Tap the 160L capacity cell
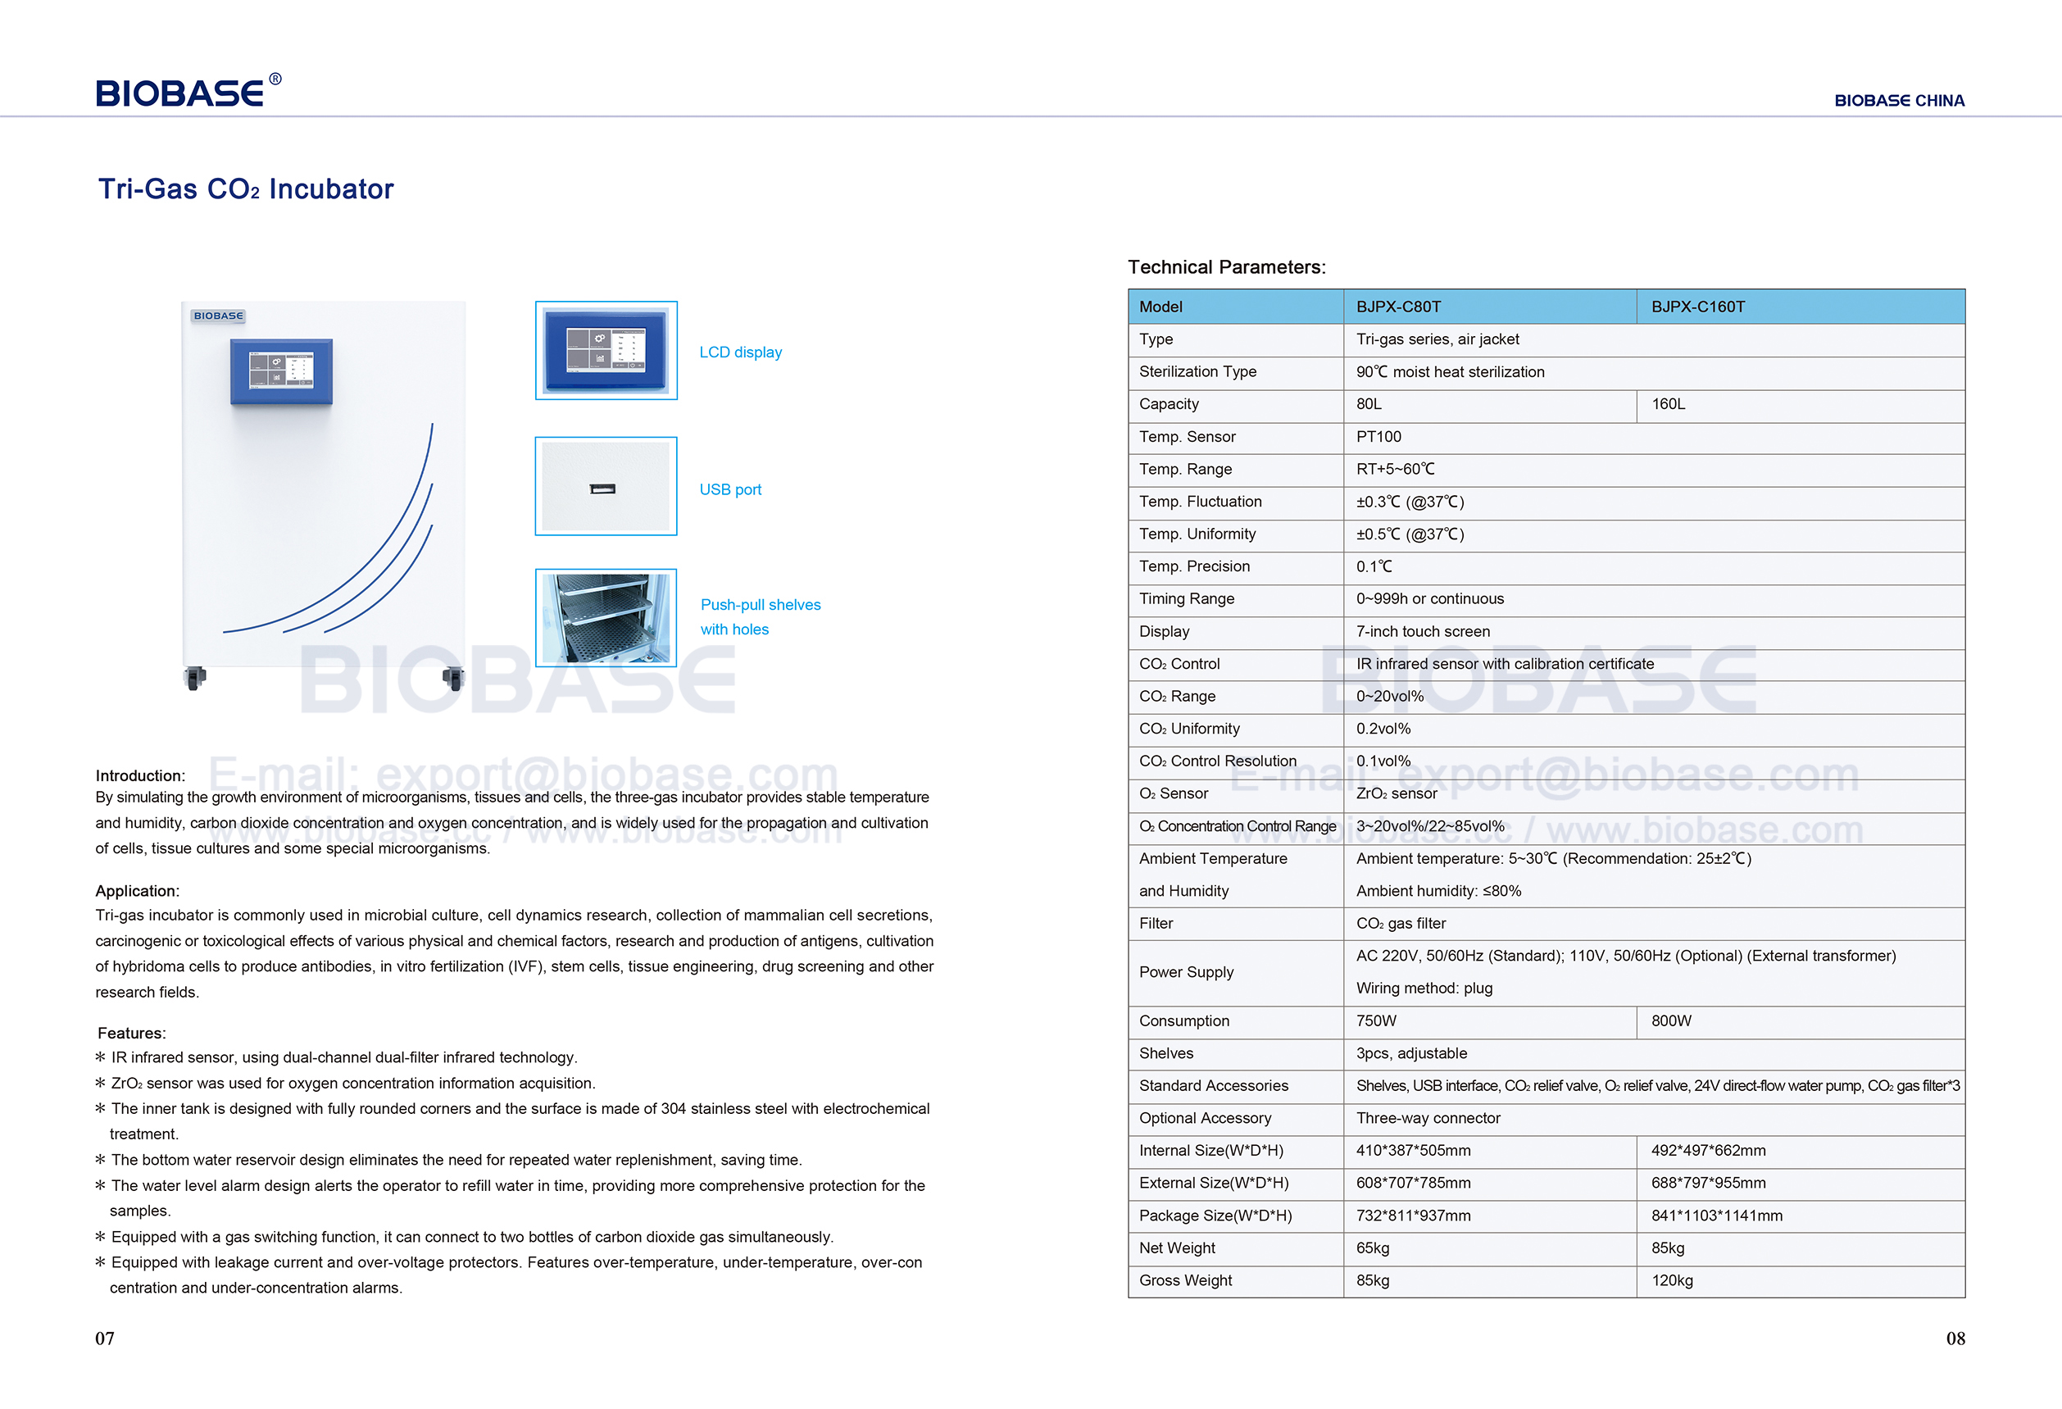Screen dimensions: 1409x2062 tap(1667, 405)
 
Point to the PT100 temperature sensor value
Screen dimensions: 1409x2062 tap(1378, 437)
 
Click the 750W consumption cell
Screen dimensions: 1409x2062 tap(1375, 1021)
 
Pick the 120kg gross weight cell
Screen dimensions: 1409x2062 tap(1671, 1281)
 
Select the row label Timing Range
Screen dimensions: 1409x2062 tap(1186, 599)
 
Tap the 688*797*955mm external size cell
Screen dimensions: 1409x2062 tap(1707, 1184)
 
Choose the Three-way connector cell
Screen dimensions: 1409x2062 tap(1428, 1119)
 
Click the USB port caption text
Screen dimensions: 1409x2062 tap(729, 490)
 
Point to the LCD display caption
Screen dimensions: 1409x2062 tap(740, 352)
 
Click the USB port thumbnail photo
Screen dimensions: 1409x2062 tap(606, 486)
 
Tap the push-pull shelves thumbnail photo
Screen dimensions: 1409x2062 tap(606, 617)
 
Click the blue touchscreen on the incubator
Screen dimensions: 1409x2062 tap(281, 370)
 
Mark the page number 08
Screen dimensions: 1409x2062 tap(1955, 1339)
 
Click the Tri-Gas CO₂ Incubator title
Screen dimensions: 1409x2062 tap(246, 189)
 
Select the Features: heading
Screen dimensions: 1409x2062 tap(131, 1034)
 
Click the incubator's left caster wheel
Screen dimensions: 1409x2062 tap(194, 679)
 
